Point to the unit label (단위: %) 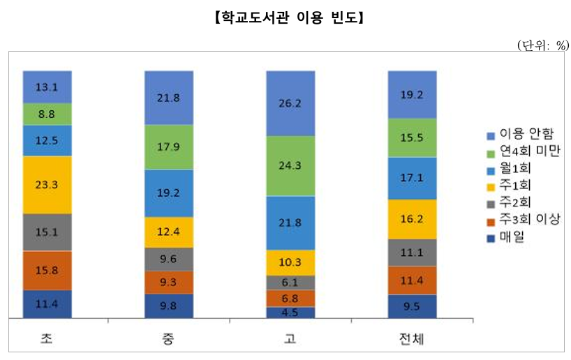[543, 46]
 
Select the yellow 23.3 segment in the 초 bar [47, 185]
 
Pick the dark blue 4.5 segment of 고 [290, 313]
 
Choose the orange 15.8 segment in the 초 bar [47, 270]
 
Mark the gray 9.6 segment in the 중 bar [168, 258]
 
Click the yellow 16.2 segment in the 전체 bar [412, 219]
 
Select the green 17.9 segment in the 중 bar [168, 147]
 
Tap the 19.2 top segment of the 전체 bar [412, 94]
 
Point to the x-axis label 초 [47, 339]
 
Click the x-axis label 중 [168, 339]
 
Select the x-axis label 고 [290, 339]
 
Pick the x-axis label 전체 [412, 339]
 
